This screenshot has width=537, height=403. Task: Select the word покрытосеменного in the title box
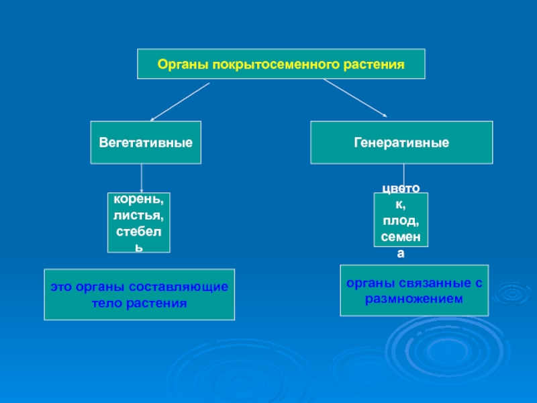click(270, 65)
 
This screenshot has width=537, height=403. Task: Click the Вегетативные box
click(146, 142)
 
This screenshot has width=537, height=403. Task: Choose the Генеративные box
click(401, 142)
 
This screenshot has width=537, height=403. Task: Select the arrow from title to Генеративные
click(355, 98)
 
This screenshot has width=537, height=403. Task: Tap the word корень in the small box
click(138, 199)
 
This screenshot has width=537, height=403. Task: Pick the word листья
click(139, 216)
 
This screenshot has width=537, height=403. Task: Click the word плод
click(401, 222)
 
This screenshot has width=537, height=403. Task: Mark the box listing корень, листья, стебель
click(139, 222)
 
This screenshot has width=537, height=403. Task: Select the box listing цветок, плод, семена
click(401, 220)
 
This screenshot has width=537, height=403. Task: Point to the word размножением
click(413, 299)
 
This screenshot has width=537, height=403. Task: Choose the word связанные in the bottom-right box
click(428, 283)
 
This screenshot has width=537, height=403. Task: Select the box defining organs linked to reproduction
click(414, 290)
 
